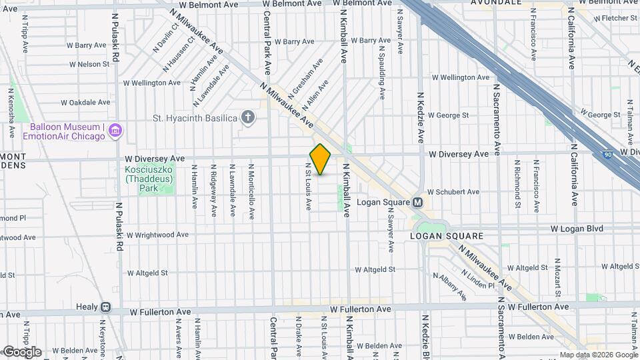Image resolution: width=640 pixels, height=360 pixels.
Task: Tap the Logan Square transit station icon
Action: [418, 202]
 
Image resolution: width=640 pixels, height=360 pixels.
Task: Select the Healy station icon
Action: [105, 308]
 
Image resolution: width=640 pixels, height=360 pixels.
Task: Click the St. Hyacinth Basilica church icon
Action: [248, 118]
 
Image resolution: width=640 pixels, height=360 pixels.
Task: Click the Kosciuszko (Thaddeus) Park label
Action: [150, 179]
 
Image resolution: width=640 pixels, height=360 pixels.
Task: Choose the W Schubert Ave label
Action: [453, 192]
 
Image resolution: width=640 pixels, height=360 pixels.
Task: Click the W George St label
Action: [448, 115]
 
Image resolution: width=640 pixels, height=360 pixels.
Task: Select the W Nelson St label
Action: [89, 65]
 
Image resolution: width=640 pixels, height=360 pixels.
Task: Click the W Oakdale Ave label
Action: [85, 103]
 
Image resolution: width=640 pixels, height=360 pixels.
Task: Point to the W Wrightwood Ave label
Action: [157, 235]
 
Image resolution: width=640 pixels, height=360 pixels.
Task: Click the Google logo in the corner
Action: [22, 351]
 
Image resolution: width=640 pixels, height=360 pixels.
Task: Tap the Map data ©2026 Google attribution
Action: [599, 355]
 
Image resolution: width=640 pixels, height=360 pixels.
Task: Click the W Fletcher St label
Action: [613, 18]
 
